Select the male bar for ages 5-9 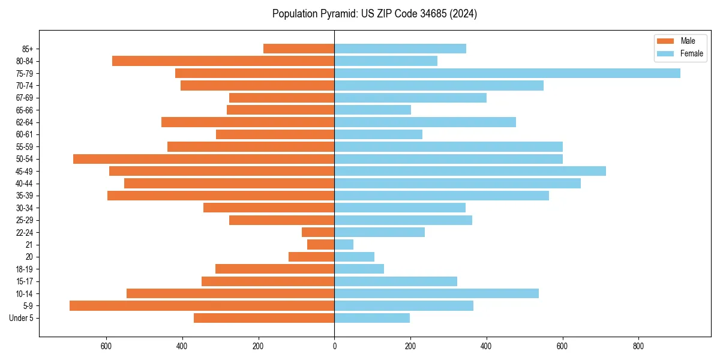coord(202,306)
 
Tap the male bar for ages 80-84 coord(223,61)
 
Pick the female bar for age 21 coord(344,245)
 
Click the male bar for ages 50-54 coord(203,159)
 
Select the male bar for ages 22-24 coord(318,232)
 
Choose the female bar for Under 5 coord(372,318)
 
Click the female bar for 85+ coord(400,49)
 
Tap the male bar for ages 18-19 coord(275,269)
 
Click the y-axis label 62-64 coord(25,122)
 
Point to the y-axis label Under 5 coord(22,318)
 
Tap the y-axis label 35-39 coord(25,196)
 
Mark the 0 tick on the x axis coord(334,346)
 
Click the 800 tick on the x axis coord(638,346)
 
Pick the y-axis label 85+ coord(28,49)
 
